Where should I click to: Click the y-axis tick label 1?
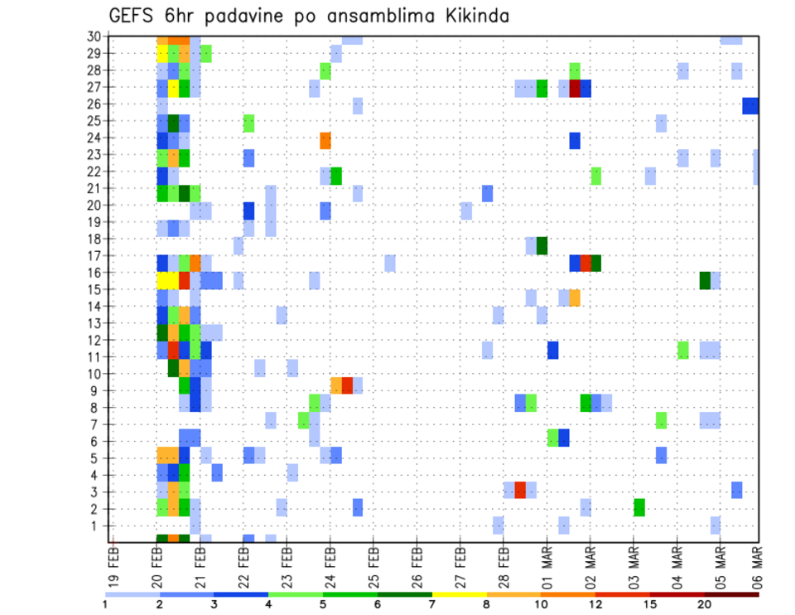[97, 525]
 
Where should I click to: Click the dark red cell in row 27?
[575, 88]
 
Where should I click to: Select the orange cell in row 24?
[325, 139]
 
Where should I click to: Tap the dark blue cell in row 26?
[750, 105]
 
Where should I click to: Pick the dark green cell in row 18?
[542, 246]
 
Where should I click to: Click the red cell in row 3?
[520, 490]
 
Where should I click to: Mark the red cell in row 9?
[347, 385]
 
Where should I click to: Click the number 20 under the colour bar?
[705, 603]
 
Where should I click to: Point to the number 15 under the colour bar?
[650, 603]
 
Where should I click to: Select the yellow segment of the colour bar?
[460, 593]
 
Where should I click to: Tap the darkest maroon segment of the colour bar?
[732, 593]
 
